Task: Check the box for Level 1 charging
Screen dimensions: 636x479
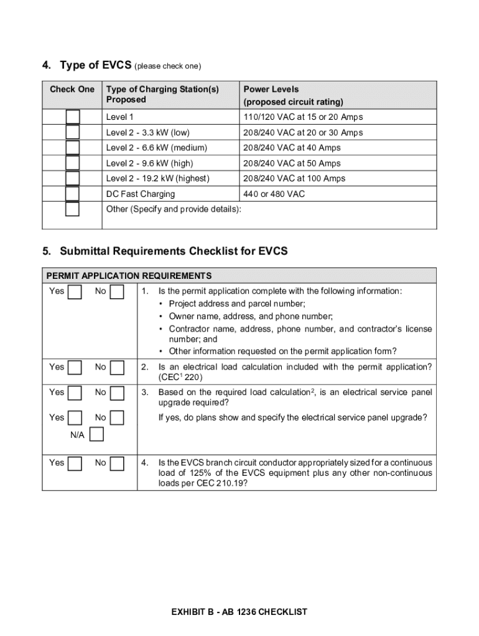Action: tap(73, 117)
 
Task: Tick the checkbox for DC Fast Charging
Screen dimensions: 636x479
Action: tap(73, 194)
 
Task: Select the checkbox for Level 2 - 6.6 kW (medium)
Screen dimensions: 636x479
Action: tap(73, 148)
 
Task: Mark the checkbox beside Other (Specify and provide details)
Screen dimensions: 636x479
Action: tap(73, 209)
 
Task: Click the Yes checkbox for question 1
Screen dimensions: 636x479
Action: tap(75, 292)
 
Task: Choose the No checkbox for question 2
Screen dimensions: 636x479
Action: tap(116, 368)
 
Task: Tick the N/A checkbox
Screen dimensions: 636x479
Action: tap(96, 435)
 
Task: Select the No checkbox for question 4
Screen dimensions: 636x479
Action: tap(116, 463)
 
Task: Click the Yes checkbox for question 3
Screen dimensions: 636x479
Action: tap(75, 393)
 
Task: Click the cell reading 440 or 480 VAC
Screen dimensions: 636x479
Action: tap(274, 194)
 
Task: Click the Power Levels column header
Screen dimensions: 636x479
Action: tap(271, 89)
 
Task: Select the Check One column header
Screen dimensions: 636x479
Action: tap(72, 89)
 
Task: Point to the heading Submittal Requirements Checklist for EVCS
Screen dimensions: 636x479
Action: tap(174, 251)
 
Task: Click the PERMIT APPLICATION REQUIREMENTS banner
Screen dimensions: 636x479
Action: tap(129, 276)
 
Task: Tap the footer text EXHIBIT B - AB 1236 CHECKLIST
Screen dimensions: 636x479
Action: tap(240, 612)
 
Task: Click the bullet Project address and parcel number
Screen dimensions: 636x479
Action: tap(237, 304)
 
